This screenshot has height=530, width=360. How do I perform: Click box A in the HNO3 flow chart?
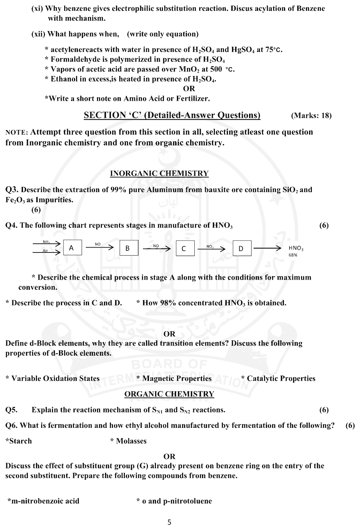[72, 248]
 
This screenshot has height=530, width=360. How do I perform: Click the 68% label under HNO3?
[293, 255]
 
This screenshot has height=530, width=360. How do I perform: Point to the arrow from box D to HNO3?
[267, 248]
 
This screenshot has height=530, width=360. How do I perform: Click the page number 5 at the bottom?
[170, 522]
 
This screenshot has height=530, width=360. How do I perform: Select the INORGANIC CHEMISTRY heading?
[159, 173]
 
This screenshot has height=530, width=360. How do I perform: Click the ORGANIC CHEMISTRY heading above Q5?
[169, 394]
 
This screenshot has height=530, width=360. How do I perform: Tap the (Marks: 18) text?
[311, 116]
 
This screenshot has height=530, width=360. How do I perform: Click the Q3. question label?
[12, 190]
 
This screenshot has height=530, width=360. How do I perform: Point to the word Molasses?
[131, 441]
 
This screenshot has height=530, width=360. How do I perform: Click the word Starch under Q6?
[20, 441]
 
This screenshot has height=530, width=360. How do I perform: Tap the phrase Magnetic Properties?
[177, 379]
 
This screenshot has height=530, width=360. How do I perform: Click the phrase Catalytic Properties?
[281, 379]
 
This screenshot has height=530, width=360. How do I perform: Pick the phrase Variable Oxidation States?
[55, 379]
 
